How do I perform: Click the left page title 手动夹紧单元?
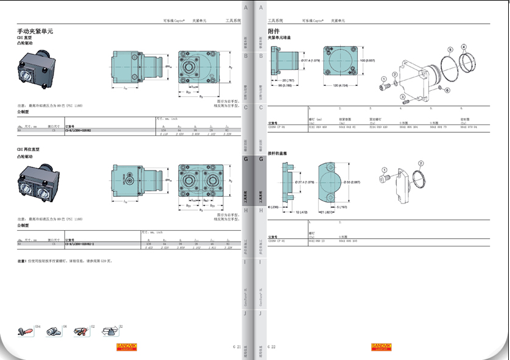tap(35, 31)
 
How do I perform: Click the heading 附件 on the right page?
tap(274, 31)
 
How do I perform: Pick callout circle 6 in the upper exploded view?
tap(447, 90)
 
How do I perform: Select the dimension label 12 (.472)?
tap(285, 212)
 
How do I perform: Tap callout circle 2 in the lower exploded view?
tap(421, 163)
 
